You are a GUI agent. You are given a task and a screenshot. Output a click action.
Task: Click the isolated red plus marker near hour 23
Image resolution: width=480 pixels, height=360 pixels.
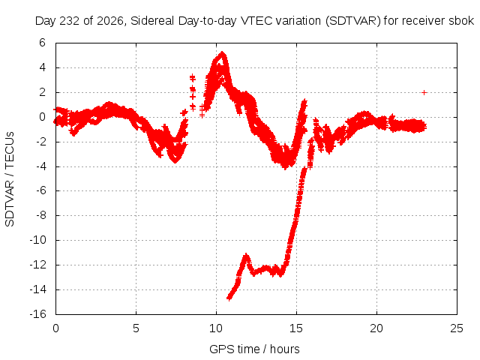pos(424,92)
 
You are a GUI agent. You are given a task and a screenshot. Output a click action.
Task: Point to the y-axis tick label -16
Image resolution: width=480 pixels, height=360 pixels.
pos(37,314)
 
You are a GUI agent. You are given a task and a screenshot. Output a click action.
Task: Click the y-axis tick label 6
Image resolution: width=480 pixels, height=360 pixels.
pos(42,43)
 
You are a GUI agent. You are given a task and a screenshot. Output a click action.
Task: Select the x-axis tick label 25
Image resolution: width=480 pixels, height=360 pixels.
pos(457,328)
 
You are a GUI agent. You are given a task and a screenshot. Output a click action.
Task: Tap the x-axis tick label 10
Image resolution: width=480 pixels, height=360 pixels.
pos(216,328)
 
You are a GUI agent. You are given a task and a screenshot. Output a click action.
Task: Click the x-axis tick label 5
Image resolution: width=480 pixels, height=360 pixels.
pos(136,328)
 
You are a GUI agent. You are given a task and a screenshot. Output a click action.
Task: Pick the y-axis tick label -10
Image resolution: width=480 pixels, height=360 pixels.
pos(37,240)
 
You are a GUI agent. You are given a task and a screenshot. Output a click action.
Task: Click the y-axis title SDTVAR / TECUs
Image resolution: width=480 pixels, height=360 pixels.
pos(10,179)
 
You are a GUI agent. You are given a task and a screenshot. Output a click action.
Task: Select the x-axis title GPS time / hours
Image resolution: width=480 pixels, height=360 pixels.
pos(254,349)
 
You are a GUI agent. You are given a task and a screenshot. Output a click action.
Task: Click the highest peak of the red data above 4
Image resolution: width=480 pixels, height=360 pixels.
pos(222,53)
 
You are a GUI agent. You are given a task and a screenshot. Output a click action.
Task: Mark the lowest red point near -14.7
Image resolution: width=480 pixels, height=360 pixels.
pos(229,298)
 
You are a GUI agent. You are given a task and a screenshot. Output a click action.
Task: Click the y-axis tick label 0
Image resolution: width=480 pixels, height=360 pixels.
pos(42,117)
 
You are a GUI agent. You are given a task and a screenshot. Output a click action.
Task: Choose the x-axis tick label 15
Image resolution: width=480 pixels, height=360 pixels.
pos(296,328)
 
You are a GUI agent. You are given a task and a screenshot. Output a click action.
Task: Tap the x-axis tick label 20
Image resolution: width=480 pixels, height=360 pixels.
pos(376,328)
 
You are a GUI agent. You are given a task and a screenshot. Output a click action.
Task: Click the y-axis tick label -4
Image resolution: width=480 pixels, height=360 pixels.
pos(40,166)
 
